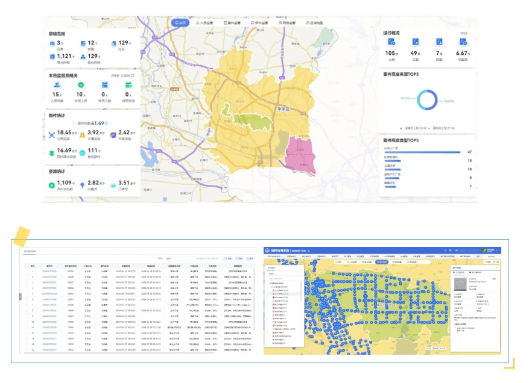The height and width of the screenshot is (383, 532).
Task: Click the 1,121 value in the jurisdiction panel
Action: coord(65,56)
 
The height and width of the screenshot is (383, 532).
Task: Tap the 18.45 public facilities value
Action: coord(65,132)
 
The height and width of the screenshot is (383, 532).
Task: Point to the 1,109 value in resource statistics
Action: coord(65,182)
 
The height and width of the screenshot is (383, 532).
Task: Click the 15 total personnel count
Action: coord(56,95)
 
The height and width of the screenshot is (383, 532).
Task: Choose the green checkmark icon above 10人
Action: coord(80,86)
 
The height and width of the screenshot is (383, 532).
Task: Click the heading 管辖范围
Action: coord(57,34)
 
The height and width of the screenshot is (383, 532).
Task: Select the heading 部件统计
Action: coord(57,114)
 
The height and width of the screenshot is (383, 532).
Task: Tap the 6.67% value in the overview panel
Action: coord(463,53)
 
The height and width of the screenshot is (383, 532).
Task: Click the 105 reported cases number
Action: coord(391,53)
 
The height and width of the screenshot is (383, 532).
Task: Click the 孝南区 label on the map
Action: coord(283,110)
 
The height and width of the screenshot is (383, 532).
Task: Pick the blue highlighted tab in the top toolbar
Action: coord(179,22)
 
